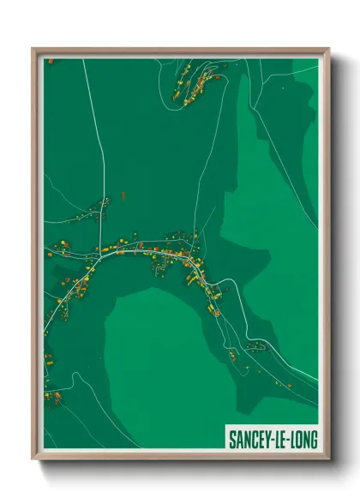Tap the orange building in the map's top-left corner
pos(50,62)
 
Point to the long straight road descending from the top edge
pos(101,154)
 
